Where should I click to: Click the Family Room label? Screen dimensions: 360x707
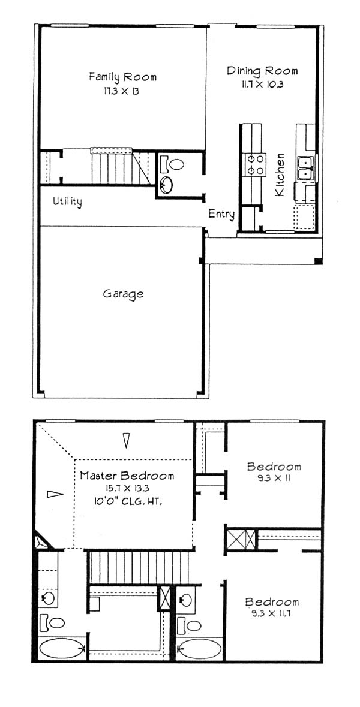coord(123,77)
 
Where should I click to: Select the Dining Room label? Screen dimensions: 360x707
coord(262,71)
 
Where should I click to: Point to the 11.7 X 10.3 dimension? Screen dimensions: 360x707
coord(262,85)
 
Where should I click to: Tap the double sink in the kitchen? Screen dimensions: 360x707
coord(307,167)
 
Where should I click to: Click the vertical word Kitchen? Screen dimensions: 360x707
coord(280,175)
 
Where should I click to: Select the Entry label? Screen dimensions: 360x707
coord(221,215)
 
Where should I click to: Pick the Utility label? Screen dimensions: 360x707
coord(67,201)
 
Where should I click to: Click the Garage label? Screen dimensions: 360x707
coord(123,294)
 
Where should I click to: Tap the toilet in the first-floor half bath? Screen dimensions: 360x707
coord(172,163)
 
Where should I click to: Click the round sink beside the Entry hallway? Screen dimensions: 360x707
coord(166,185)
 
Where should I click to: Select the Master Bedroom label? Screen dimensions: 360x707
coord(127,476)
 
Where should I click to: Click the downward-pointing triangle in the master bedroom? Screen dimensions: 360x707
coord(127,440)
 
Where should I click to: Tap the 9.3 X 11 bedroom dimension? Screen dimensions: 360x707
coord(274,479)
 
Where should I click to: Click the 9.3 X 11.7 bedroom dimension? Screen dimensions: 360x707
coord(272,613)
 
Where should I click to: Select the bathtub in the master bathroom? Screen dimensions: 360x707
coord(62,649)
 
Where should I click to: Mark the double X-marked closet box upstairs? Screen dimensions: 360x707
coord(241,540)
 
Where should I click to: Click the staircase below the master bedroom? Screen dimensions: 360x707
coord(139,567)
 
